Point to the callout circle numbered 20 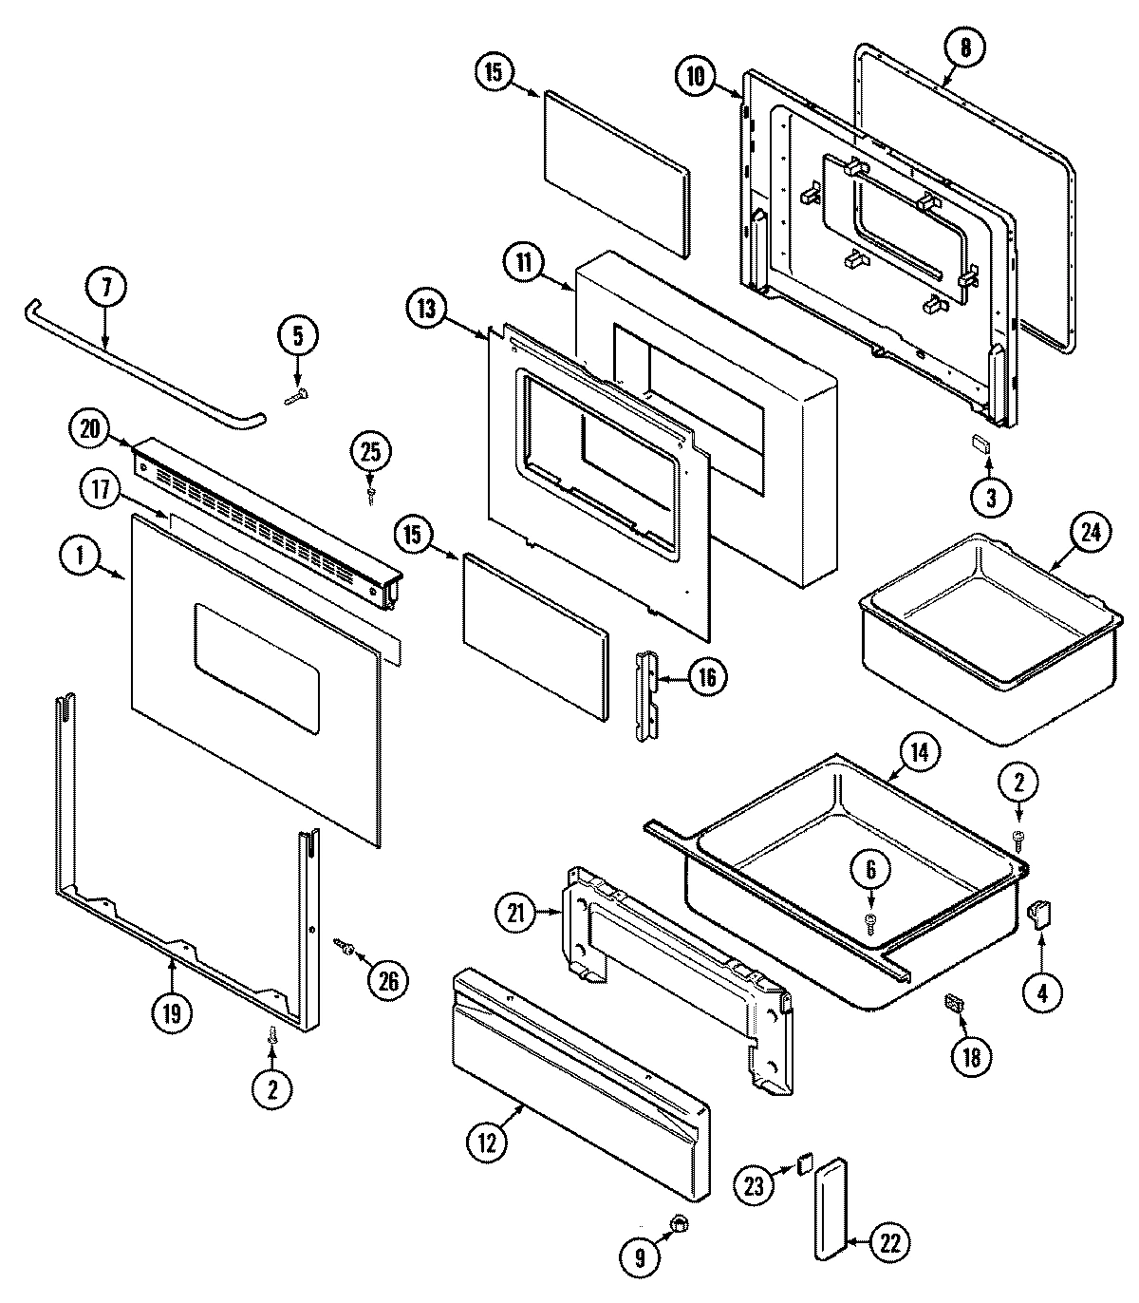pyautogui.click(x=90, y=429)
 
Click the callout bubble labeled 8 pyautogui.click(x=965, y=49)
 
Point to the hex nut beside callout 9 pyautogui.click(x=678, y=1224)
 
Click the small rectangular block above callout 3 pyautogui.click(x=980, y=443)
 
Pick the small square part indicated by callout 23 pyautogui.click(x=805, y=1161)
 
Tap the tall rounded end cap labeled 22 pyautogui.click(x=832, y=1208)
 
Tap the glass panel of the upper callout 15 pyautogui.click(x=614, y=174)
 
